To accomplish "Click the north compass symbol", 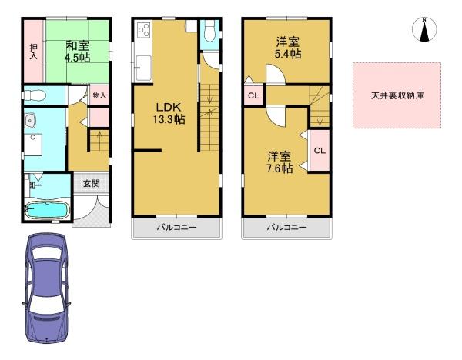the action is pyautogui.click(x=424, y=29).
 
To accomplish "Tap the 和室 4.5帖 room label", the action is pyautogui.click(x=78, y=52).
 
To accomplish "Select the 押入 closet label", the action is pyautogui.click(x=34, y=52).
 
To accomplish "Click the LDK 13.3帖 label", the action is pyautogui.click(x=169, y=113).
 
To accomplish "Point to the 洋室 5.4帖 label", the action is pyautogui.click(x=288, y=48).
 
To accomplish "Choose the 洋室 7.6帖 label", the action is pyautogui.click(x=280, y=162).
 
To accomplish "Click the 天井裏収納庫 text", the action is pyautogui.click(x=397, y=95).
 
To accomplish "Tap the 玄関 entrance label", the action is pyautogui.click(x=92, y=184).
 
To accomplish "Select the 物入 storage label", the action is pyautogui.click(x=99, y=95).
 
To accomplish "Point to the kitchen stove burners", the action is pyautogui.click(x=144, y=30).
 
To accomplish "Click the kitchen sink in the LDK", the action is pyautogui.click(x=143, y=68).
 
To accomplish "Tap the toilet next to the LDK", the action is pyautogui.click(x=209, y=32).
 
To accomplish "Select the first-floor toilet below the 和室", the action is pyautogui.click(x=35, y=95).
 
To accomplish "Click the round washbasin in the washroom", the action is pyautogui.click(x=30, y=121).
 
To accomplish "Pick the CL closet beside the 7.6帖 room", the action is pyautogui.click(x=320, y=151).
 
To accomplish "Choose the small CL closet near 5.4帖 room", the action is pyautogui.click(x=253, y=95).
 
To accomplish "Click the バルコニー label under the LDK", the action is pyautogui.click(x=176, y=228).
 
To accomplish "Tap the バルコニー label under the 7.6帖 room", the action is pyautogui.click(x=286, y=228).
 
